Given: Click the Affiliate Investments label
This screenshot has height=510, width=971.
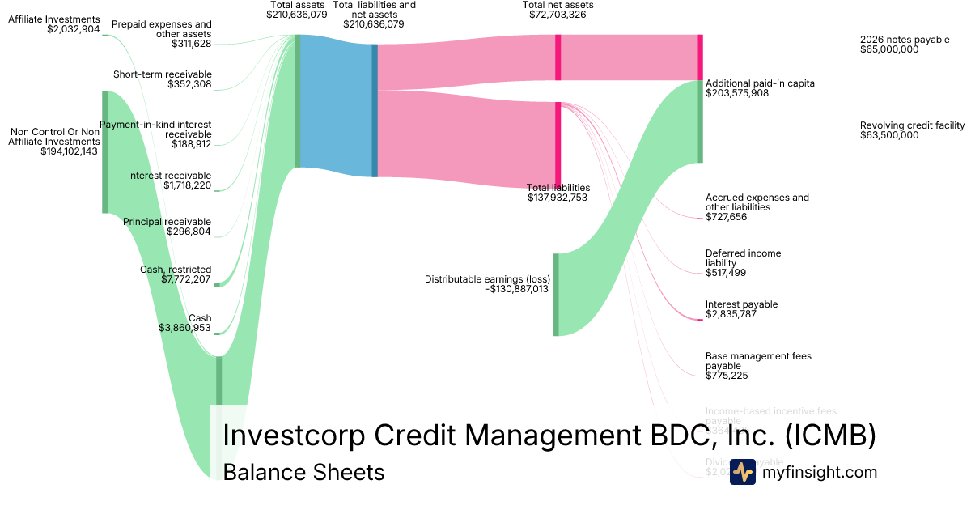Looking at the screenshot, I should coord(53,19).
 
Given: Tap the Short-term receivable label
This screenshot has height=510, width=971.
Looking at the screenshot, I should coord(162,74).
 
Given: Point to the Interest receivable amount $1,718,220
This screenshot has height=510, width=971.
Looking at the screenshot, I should coord(187,186).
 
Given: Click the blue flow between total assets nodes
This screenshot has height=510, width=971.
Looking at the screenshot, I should coord(334,105).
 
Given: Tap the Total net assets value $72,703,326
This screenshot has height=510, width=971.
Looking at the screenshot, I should coord(558,15).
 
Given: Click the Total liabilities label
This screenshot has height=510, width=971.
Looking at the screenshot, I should coord(558,187).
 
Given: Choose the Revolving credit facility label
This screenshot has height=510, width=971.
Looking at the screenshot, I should coord(912,125).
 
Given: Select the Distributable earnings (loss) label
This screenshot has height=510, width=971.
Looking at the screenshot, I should coord(487,279).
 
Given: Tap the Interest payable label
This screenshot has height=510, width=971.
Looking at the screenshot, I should coord(741,304).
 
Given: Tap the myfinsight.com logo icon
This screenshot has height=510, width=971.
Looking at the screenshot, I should coord(742,472).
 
